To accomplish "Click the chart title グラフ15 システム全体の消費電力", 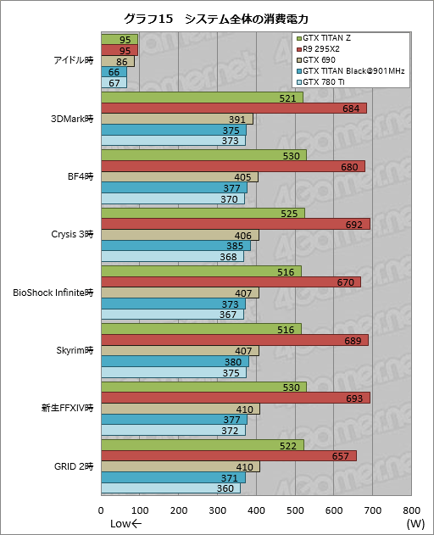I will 215,18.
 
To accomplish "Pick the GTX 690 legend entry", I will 324,61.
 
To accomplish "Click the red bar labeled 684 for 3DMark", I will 233,109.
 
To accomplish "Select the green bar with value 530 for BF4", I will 203,155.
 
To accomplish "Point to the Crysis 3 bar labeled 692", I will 235,224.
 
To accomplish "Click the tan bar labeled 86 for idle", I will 118,61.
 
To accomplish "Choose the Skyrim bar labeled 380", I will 175,361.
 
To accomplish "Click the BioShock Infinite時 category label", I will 53,293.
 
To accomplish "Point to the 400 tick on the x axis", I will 257,510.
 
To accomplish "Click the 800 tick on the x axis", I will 411,510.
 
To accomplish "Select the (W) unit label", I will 415,524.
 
